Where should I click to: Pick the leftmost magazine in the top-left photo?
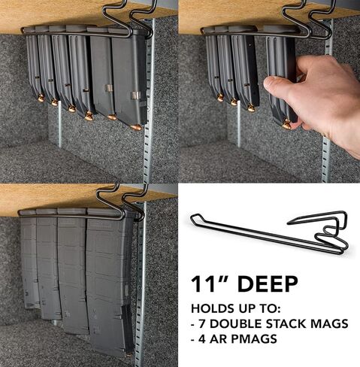(33, 64)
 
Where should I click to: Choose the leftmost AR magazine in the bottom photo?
(30, 259)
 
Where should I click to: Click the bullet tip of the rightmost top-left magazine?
(135, 127)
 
